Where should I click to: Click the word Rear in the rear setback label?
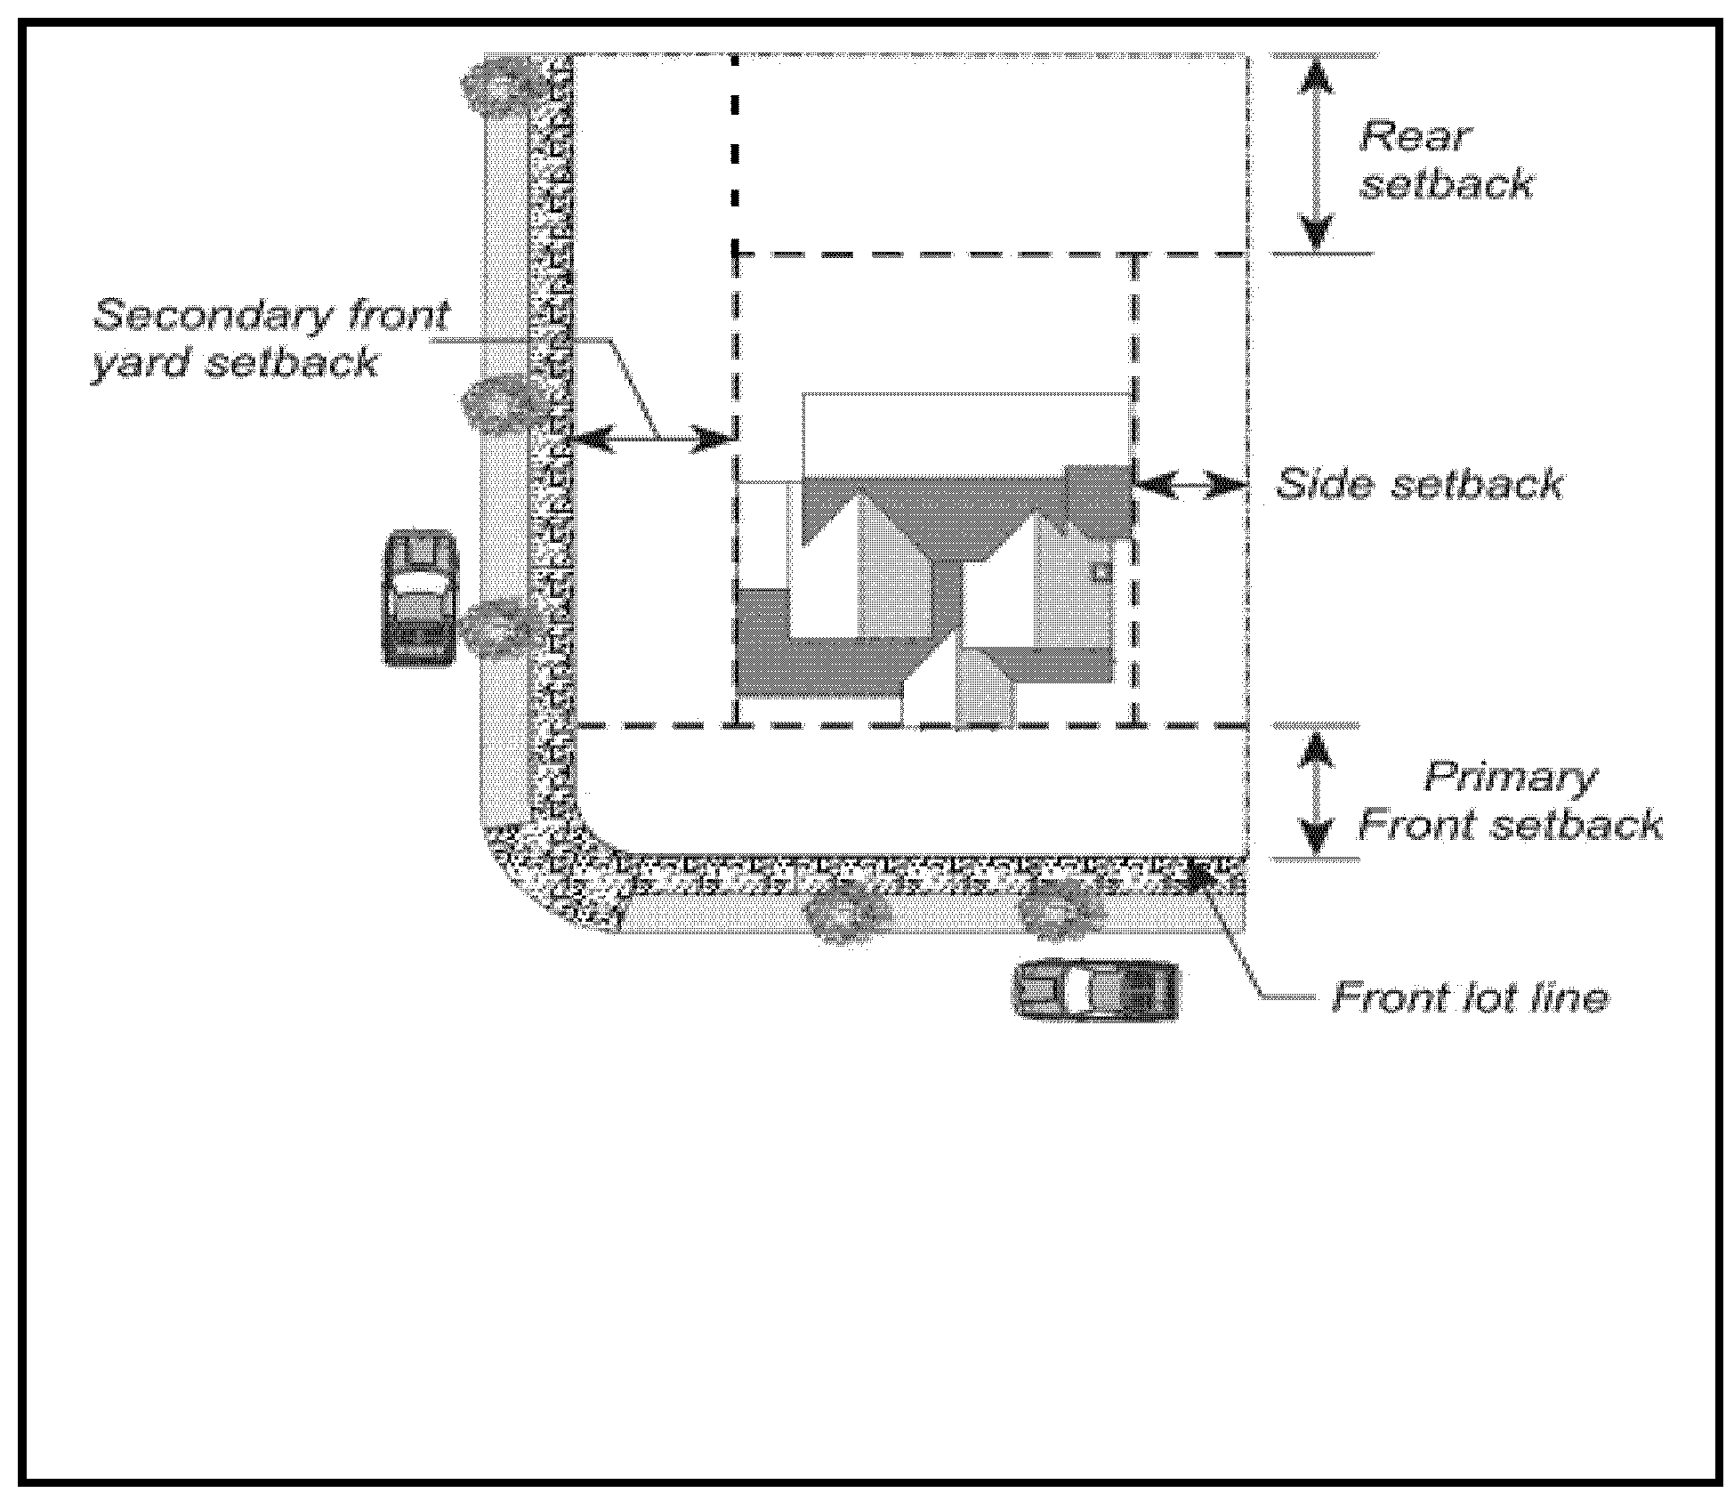[1415, 137]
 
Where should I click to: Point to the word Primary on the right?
[1510, 777]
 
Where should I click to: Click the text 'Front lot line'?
[1470, 997]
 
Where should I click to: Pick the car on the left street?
[419, 598]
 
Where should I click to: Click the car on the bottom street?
[1096, 989]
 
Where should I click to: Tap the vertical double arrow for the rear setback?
[1317, 154]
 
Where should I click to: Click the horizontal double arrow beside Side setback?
[1190, 486]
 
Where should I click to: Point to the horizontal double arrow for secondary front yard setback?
[654, 438]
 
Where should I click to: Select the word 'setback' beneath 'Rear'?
[1446, 184]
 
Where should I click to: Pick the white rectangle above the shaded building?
[965, 433]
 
